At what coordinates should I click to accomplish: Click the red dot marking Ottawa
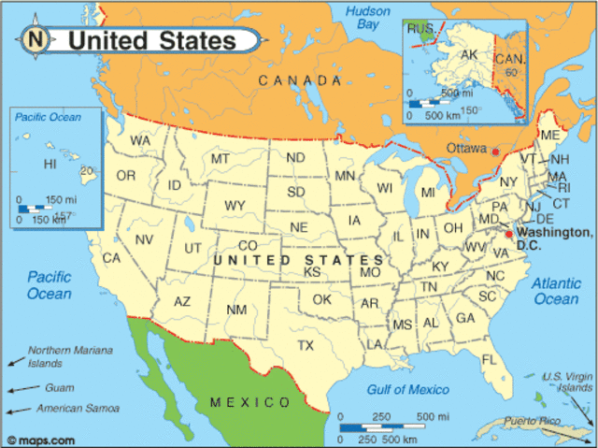[496, 152]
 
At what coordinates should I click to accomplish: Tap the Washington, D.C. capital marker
[509, 234]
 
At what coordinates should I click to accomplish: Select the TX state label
[306, 345]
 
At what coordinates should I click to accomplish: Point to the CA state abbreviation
[112, 257]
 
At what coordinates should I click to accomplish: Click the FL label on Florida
[489, 359]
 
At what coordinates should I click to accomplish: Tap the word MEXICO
[249, 402]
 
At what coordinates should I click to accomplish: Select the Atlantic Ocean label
[556, 291]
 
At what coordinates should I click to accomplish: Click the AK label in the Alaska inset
[469, 55]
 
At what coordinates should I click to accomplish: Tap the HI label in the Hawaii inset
[50, 165]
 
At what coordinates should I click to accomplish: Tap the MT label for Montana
[221, 159]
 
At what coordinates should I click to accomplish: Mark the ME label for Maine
[550, 136]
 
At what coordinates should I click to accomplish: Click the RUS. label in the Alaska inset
[420, 29]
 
